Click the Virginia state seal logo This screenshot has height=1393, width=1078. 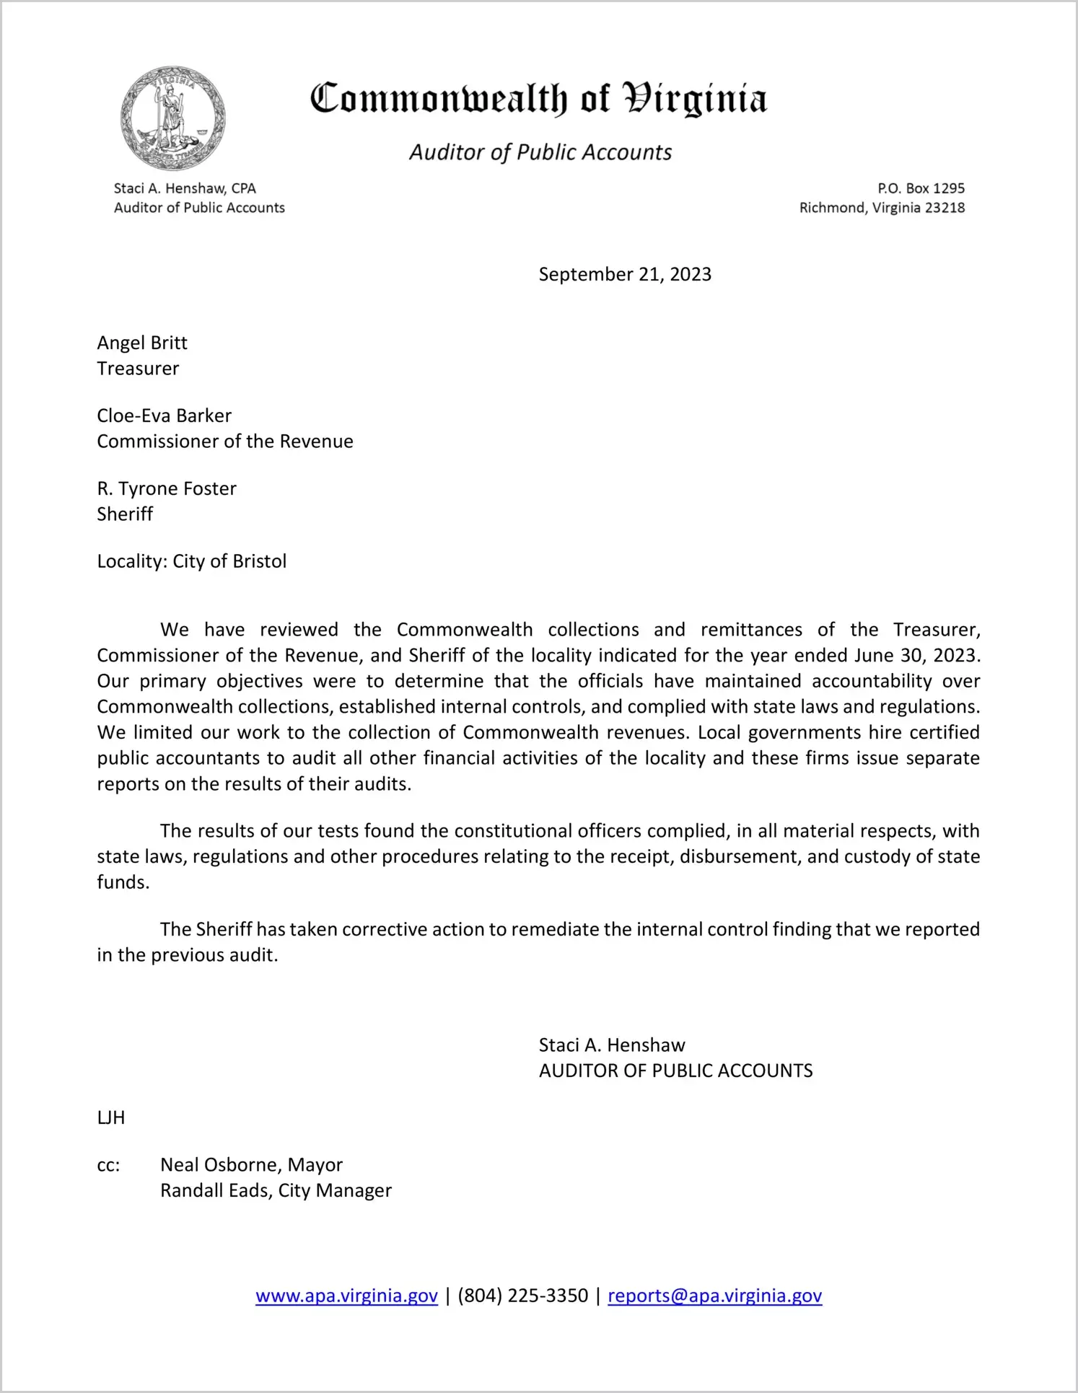pyautogui.click(x=173, y=118)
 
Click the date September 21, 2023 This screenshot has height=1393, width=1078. pyautogui.click(x=625, y=274)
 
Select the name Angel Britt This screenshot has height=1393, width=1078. pyautogui.click(x=142, y=343)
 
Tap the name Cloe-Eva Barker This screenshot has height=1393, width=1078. pyautogui.click(x=165, y=416)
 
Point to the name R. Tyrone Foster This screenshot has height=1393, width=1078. pyautogui.click(x=167, y=488)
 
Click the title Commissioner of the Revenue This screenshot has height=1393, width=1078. pyautogui.click(x=225, y=441)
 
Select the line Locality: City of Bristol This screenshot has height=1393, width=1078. pyautogui.click(x=192, y=561)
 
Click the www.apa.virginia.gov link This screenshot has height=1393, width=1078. pyautogui.click(x=346, y=1296)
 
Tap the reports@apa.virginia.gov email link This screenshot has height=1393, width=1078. pyautogui.click(x=714, y=1296)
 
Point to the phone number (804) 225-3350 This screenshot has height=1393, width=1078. pyautogui.click(x=522, y=1296)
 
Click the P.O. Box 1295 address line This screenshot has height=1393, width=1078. pyautogui.click(x=921, y=188)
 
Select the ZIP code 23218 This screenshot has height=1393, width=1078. pyautogui.click(x=945, y=208)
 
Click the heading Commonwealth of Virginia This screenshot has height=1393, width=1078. pyautogui.click(x=538, y=99)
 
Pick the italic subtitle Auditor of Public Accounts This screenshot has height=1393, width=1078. pyautogui.click(x=540, y=152)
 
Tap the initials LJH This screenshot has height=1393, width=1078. pyautogui.click(x=111, y=1117)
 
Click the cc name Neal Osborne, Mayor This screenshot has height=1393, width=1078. pyautogui.click(x=251, y=1164)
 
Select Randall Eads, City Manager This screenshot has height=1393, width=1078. pyautogui.click(x=276, y=1190)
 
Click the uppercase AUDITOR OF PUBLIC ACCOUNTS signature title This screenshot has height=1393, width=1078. pyautogui.click(x=675, y=1071)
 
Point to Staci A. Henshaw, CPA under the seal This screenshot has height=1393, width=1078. pyautogui.click(x=185, y=188)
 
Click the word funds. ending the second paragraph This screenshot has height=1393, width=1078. pyautogui.click(x=123, y=882)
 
